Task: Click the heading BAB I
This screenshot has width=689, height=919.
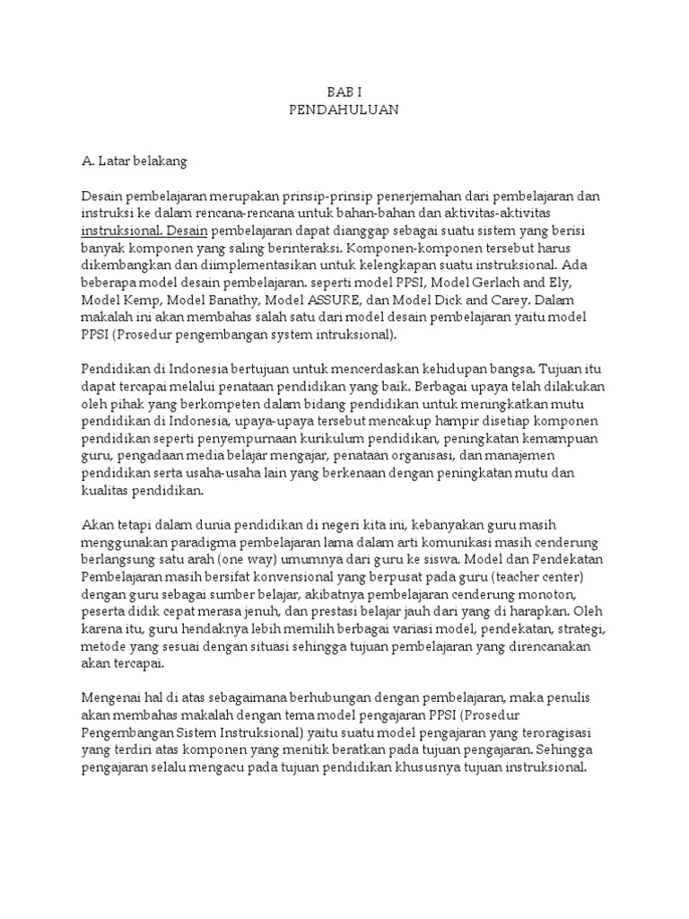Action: pyautogui.click(x=344, y=93)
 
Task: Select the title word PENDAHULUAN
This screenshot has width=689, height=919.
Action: pyautogui.click(x=344, y=110)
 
